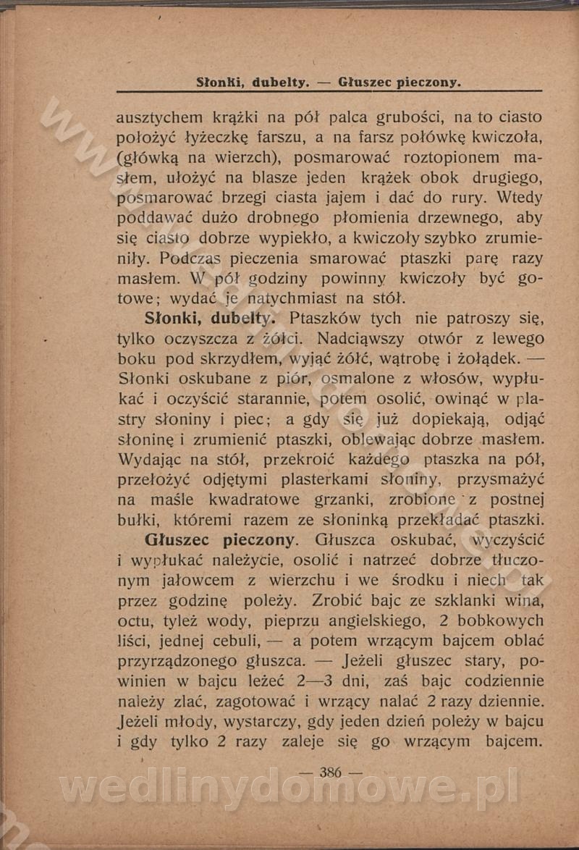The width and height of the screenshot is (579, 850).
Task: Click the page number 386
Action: pos(329,772)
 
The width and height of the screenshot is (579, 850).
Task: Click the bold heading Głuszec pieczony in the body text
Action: pos(220,540)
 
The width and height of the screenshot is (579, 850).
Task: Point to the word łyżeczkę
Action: pos(216,138)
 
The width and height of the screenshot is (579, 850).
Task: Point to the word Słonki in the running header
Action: pos(220,83)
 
